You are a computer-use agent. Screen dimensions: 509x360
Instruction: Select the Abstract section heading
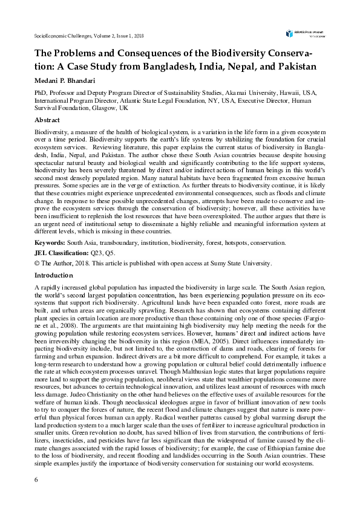[47, 121]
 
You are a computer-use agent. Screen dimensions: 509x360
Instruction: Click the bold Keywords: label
[50, 242]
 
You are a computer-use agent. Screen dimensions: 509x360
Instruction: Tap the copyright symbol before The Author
[37, 263]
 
